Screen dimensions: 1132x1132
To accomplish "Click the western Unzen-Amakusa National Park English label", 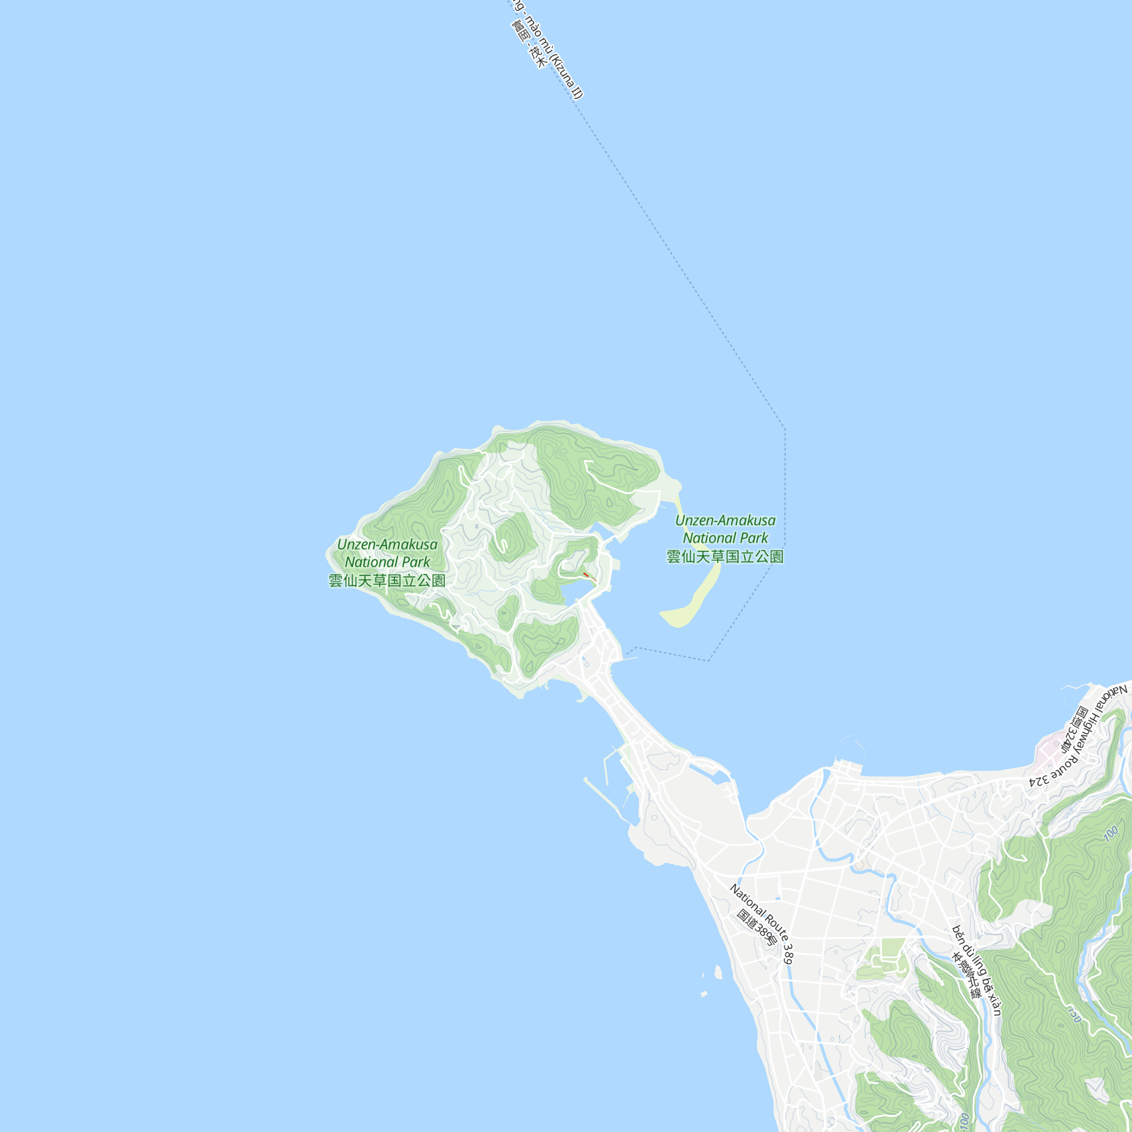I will tap(387, 553).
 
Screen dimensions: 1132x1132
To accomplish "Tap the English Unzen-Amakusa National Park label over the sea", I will tap(726, 529).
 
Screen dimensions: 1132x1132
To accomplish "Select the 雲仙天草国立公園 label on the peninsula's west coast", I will tap(387, 581).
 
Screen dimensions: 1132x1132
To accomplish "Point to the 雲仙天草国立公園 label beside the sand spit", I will tap(726, 556).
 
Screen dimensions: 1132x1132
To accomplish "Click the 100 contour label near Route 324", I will tap(1111, 833).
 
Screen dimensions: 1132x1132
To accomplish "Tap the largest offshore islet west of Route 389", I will tap(718, 972).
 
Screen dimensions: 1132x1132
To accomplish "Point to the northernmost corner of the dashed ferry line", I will tap(785, 429).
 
